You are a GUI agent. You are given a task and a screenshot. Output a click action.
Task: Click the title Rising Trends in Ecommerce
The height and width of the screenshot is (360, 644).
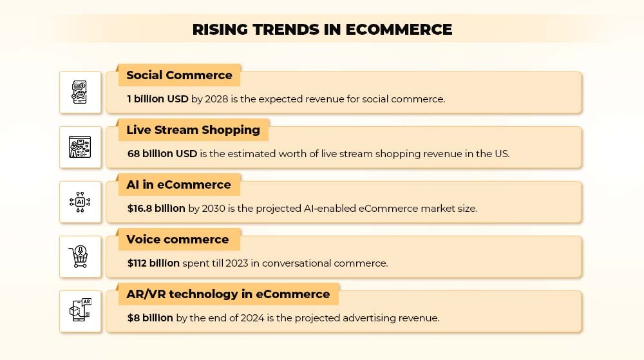click(323, 30)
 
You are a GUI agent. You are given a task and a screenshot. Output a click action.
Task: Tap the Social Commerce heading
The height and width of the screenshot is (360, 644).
click(179, 75)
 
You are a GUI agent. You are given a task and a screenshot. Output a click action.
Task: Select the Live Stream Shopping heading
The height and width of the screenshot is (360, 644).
click(193, 130)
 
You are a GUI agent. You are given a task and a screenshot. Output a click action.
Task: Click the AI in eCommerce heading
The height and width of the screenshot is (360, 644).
click(178, 185)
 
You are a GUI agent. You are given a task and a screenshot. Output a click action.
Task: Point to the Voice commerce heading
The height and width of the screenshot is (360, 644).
click(178, 240)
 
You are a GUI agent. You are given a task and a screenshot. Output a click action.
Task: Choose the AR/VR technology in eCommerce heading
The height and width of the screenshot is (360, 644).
click(228, 294)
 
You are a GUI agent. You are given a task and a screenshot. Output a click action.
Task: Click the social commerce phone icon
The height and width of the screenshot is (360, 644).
click(80, 92)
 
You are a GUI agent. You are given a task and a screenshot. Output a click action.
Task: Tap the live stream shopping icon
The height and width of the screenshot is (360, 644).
click(80, 147)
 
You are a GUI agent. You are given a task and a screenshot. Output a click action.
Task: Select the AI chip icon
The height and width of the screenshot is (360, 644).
click(80, 202)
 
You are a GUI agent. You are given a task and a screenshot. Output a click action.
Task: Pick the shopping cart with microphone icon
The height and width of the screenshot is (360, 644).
click(79, 256)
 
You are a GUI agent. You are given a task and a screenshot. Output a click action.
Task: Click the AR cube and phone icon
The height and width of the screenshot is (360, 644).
click(80, 310)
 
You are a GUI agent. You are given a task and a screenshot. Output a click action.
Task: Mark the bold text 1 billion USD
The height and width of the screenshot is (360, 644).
click(158, 99)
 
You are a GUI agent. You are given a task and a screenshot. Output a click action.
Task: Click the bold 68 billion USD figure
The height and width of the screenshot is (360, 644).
click(162, 153)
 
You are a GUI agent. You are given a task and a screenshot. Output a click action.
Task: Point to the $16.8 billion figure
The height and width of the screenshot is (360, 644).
click(156, 209)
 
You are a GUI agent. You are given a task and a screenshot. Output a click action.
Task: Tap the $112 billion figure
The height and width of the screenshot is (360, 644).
click(153, 263)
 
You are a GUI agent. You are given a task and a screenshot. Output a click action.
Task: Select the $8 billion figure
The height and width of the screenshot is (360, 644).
click(150, 317)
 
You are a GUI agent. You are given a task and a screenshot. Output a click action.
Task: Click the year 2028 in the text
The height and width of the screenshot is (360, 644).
click(216, 99)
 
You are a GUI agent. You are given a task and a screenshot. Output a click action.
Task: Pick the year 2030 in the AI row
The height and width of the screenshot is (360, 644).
click(214, 209)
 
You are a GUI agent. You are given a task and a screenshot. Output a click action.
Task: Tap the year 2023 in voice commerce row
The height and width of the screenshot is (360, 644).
click(237, 263)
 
